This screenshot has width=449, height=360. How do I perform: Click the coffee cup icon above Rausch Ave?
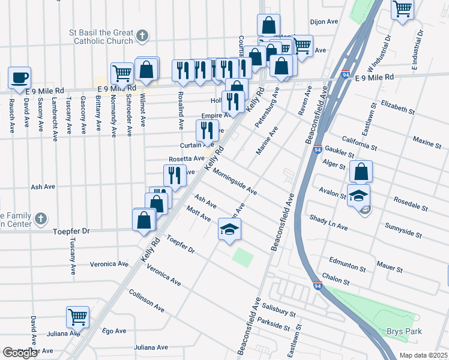(20, 77)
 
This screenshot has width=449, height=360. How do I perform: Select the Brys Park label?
(403, 331)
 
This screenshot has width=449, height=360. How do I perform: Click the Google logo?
(20, 353)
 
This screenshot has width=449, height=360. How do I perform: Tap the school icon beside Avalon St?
(358, 196)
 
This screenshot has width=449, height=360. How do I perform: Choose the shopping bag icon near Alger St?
(361, 172)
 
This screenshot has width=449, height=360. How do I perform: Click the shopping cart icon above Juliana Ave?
(78, 317)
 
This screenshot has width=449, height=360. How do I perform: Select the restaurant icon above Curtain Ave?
(207, 130)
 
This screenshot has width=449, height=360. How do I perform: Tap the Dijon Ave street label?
(325, 22)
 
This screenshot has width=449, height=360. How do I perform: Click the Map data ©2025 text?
(424, 355)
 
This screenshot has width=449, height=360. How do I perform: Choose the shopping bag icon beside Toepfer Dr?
(145, 220)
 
